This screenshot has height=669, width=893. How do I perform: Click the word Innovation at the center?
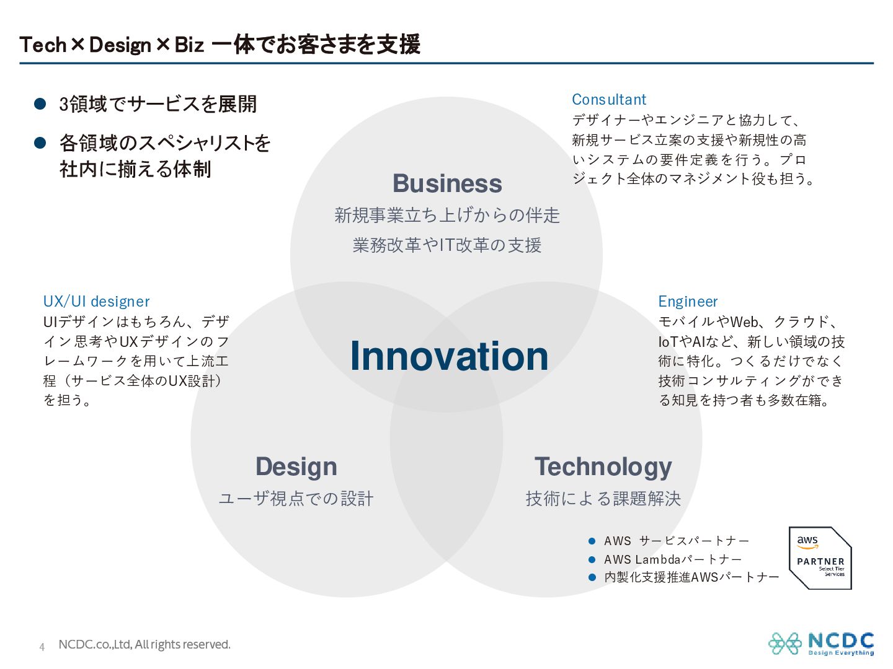pos(449,356)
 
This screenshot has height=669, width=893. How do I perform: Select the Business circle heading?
pos(447,183)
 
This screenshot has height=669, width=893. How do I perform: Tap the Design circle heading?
pos(296,467)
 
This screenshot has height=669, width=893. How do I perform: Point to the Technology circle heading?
pos(603,467)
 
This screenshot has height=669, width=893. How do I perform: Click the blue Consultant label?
pos(608,100)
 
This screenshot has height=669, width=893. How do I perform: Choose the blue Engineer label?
pos(688,302)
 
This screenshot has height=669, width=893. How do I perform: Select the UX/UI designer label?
pos(96,302)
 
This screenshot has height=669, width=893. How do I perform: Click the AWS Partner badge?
pos(820,558)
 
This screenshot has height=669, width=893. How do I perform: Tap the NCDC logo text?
pos(840,641)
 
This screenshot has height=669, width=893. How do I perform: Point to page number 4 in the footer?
pos(42,647)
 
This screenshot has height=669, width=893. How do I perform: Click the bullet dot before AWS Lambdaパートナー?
pos(592,560)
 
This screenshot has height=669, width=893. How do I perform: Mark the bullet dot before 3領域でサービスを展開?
pos(40,104)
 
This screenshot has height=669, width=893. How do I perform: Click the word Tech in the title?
pos(43,45)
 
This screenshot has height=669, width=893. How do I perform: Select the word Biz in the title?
pos(189,45)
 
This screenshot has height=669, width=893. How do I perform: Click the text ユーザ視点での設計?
pos(296,499)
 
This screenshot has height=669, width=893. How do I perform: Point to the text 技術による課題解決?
pos(603,499)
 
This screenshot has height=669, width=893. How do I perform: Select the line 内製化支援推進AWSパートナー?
pos(691,577)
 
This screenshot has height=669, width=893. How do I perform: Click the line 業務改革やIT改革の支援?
pos(446,245)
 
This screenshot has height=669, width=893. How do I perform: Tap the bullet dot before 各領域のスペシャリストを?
pos(40,143)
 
